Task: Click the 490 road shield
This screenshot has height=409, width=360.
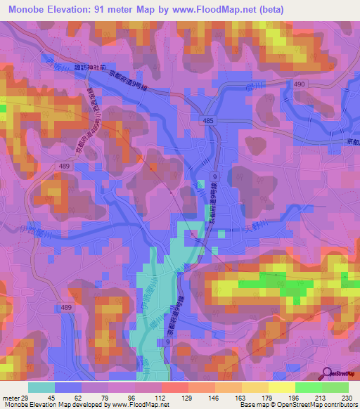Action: click(299, 84)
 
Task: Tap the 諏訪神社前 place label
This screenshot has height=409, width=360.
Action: click(90, 69)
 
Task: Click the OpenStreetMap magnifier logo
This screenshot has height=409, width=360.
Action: click(327, 373)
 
